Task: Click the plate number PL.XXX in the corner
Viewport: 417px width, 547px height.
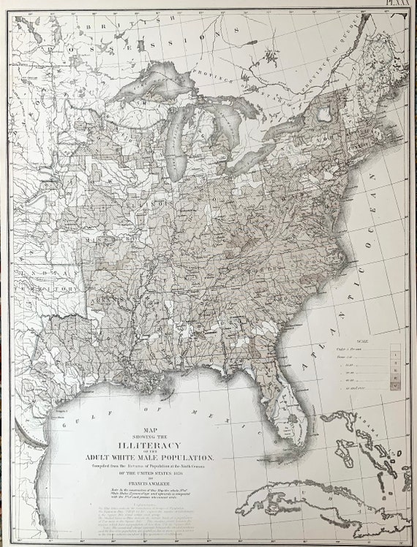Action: pos(399,4)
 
